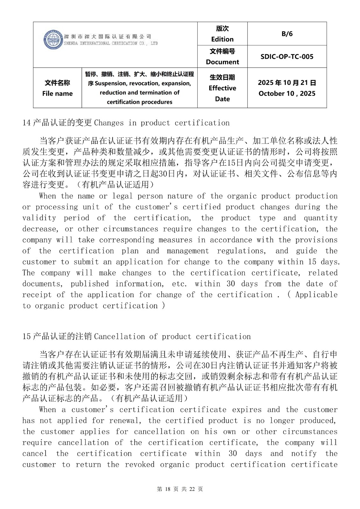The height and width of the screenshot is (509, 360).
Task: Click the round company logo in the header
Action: point(53,40)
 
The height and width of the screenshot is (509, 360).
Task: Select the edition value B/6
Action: point(287,34)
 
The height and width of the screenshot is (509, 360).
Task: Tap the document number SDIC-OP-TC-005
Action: point(287,57)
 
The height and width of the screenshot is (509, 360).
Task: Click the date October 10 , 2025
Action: point(287,94)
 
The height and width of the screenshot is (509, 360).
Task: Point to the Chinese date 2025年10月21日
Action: point(287,83)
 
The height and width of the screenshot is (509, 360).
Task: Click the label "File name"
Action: point(57,94)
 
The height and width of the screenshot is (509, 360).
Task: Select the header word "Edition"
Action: point(222,39)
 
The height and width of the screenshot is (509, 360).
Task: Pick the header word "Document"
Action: point(222,62)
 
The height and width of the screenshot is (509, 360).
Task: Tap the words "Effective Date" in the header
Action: point(222,93)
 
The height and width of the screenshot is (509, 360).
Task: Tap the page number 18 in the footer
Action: point(168,489)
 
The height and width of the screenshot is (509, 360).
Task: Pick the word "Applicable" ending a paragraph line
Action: point(316,295)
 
